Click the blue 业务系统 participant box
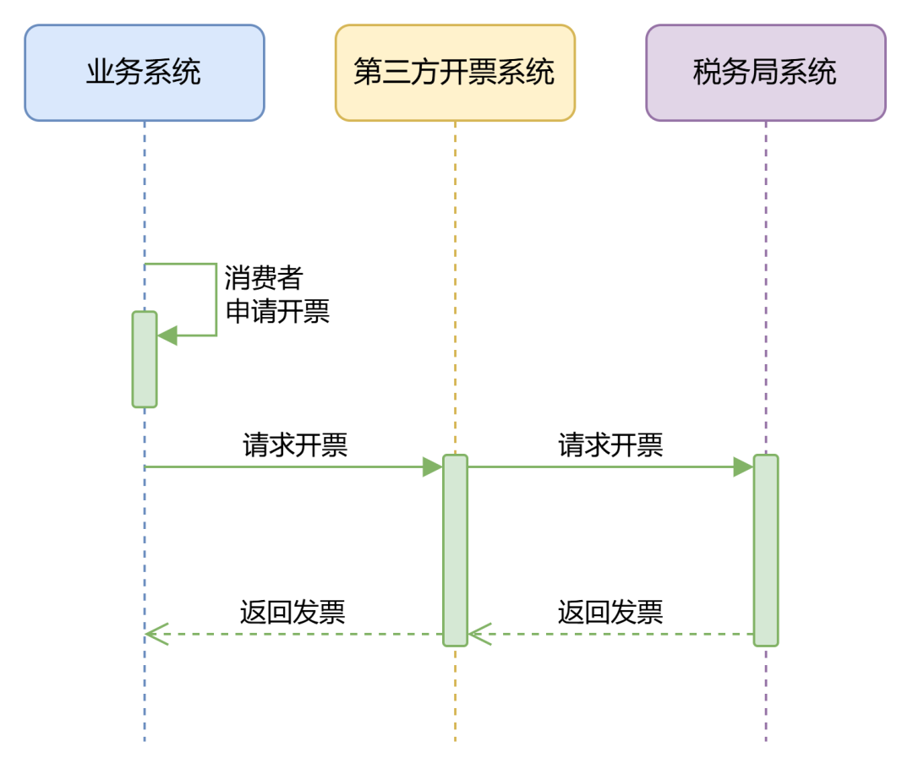point(144,73)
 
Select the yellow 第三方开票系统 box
point(455,73)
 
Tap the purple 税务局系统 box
point(766,73)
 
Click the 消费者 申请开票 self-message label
point(276,294)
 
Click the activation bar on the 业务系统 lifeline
point(145,360)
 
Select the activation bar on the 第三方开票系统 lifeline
point(455,549)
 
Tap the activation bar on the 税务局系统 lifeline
point(766,549)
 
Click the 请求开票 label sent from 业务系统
point(295,445)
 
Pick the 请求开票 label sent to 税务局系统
point(610,445)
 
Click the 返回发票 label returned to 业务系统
point(292,612)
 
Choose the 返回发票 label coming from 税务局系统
point(610,612)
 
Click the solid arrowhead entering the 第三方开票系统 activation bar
point(433,466)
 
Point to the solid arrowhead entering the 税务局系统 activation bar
point(744,466)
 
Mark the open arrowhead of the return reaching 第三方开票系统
point(478,634)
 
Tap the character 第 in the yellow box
point(368,73)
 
